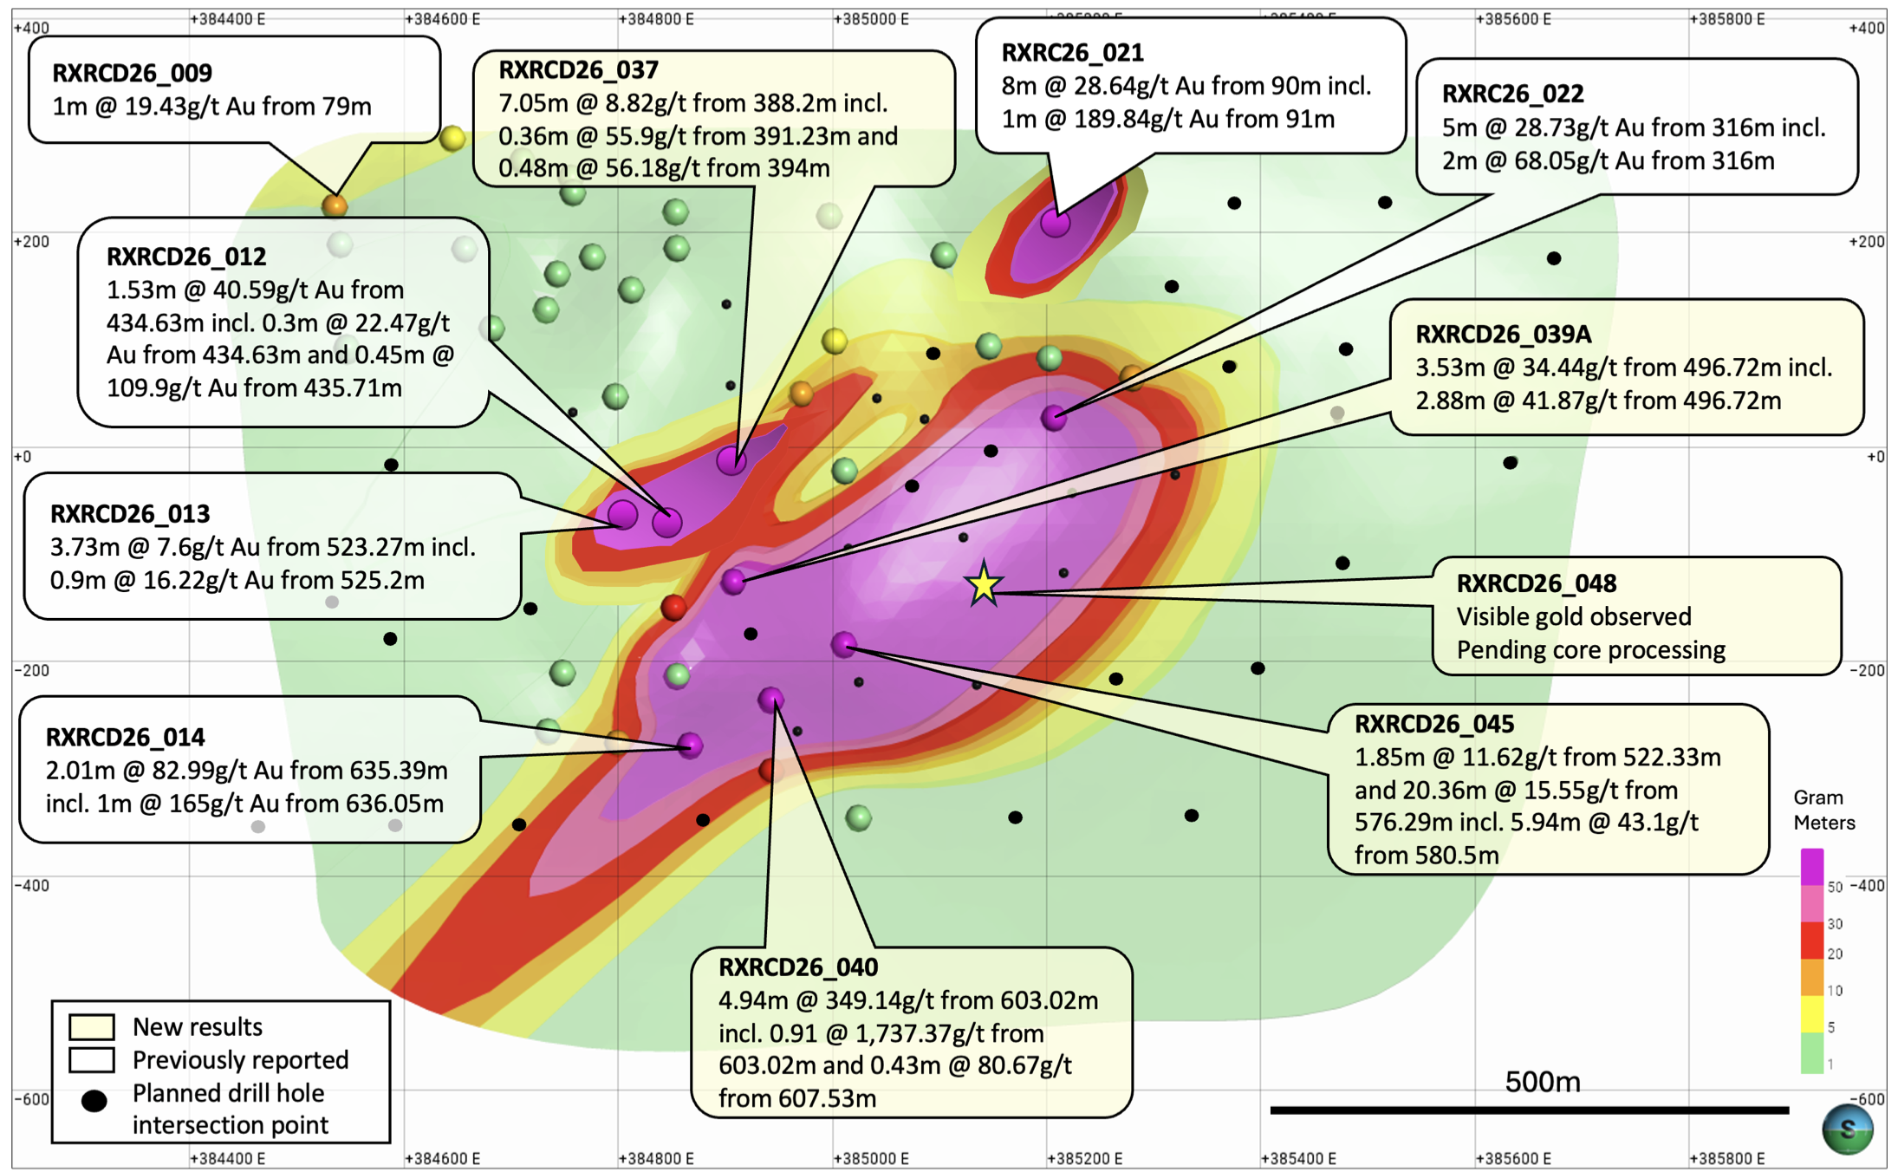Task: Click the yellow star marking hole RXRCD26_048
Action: pos(984,585)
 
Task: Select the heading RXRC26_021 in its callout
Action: pos(1072,53)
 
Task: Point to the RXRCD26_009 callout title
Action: pos(132,73)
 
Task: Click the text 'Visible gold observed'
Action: pos(1574,616)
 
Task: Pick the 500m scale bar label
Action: pos(1543,1082)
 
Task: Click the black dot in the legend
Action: pos(94,1101)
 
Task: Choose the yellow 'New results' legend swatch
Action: pos(92,1027)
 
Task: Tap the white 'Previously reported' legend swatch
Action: pos(92,1060)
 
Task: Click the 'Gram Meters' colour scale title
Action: pos(1823,810)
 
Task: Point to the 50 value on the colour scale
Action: pos(1835,887)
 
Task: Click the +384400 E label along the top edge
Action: pos(227,19)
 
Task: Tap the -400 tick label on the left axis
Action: pos(31,885)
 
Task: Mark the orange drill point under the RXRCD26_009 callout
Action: pos(335,206)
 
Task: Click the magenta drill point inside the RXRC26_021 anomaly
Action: pos(1055,223)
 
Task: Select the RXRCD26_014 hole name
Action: pos(125,737)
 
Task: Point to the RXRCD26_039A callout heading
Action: pos(1503,335)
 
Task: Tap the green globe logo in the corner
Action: pos(1847,1130)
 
